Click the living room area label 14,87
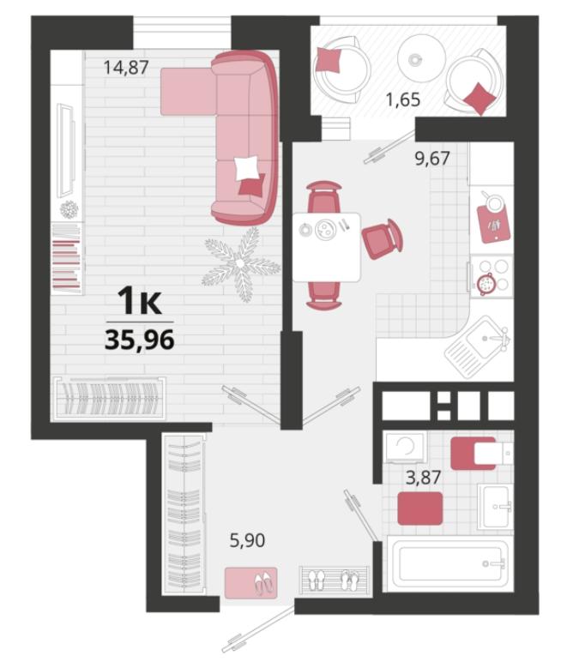coord(126,67)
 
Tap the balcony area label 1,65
coord(403,99)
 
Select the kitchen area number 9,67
coord(432,159)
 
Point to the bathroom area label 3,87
coord(423,478)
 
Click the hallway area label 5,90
coord(247,540)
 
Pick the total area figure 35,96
coord(139,340)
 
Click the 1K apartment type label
coord(139,300)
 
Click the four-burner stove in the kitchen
coord(492,276)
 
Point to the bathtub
coord(450,563)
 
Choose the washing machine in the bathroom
coord(405,447)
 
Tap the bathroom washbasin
coord(496,506)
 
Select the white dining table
coord(327,247)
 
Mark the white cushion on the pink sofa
coord(246,167)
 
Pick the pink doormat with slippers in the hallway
coord(250,583)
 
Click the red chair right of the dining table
coord(382,238)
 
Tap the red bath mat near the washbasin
coord(420,509)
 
